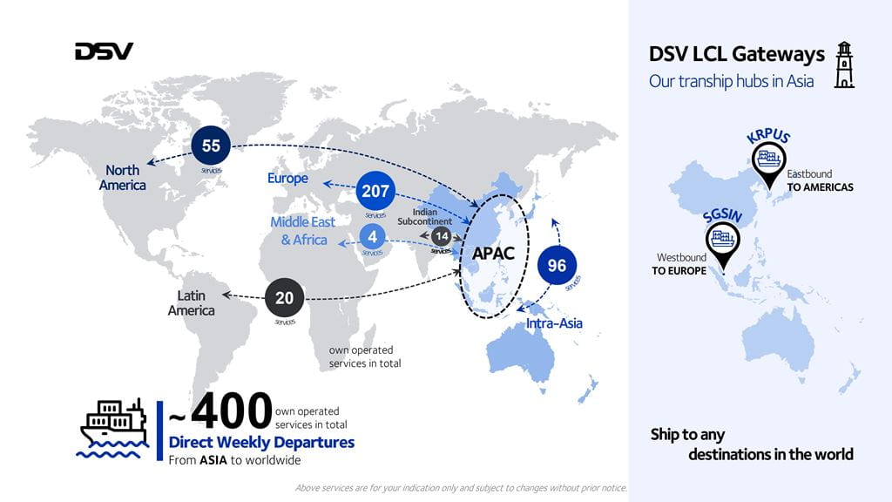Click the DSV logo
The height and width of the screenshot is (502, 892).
[104, 51]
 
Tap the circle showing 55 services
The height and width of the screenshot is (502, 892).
[211, 146]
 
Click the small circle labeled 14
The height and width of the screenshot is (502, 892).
[442, 237]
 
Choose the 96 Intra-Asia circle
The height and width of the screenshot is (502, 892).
[557, 266]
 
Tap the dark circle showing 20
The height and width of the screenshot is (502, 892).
[284, 298]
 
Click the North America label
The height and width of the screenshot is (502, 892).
[122, 178]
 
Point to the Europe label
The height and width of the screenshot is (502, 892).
[287, 179]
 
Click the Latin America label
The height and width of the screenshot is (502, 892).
[191, 303]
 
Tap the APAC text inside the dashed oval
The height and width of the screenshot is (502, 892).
[494, 254]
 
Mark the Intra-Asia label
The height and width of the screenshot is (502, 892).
[553, 323]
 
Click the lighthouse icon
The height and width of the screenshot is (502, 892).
[843, 64]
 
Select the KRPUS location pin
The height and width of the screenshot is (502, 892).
[768, 164]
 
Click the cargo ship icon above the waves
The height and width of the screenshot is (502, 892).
[112, 424]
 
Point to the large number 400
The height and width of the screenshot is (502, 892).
[232, 411]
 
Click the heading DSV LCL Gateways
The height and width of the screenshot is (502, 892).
[737, 54]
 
